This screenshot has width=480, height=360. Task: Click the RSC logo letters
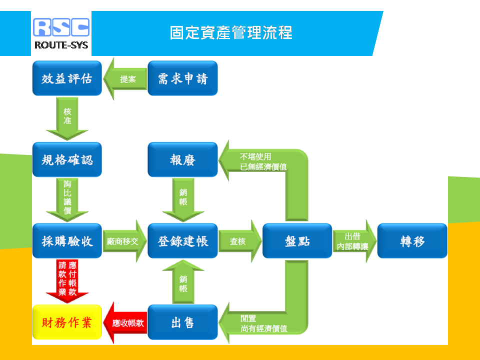[x=61, y=27]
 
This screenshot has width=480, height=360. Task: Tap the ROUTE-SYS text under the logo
[x=61, y=45]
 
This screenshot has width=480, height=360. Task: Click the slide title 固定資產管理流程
[x=231, y=33]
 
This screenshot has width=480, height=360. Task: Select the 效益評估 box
[x=67, y=78]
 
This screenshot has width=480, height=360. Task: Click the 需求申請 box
[x=182, y=78]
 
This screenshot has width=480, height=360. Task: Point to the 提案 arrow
[x=125, y=78]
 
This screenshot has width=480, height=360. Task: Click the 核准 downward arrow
[x=67, y=118]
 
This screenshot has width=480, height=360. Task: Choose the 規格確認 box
[x=67, y=159]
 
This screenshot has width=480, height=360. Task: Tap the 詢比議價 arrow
[x=67, y=200]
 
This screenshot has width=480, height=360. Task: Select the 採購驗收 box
[x=67, y=241]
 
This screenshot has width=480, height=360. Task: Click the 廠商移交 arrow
[x=125, y=241]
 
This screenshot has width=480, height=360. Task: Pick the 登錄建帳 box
[x=182, y=241]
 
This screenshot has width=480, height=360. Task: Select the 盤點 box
[x=297, y=241]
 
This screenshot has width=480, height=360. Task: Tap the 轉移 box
[x=412, y=241]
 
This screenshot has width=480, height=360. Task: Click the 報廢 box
[x=182, y=159]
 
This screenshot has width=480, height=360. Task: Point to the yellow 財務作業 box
[x=67, y=322]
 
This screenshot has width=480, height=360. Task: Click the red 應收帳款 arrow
[x=125, y=322]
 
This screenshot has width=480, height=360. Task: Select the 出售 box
[x=182, y=322]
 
